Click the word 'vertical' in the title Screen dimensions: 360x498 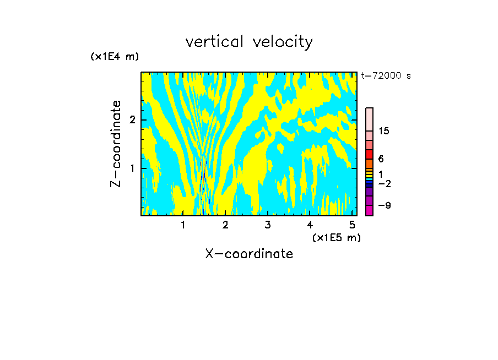(x=213, y=42)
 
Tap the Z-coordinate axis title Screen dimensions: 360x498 (x=116, y=144)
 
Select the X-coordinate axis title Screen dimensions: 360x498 (x=249, y=254)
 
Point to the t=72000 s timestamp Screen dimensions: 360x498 (x=386, y=76)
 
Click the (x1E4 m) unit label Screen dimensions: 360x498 (x=115, y=57)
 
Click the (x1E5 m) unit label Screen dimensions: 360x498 (x=336, y=237)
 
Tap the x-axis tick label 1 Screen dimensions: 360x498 (x=183, y=225)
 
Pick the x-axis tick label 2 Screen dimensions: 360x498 (x=225, y=225)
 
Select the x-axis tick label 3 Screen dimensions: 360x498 (x=268, y=225)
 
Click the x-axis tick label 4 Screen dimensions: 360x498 (x=310, y=225)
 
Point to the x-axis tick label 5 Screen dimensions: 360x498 (x=352, y=225)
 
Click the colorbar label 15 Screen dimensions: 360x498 (x=384, y=131)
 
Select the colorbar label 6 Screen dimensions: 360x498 (x=381, y=159)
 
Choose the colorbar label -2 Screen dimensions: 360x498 (x=384, y=184)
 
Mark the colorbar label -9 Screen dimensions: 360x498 (x=384, y=205)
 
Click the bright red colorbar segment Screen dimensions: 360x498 (x=369, y=154)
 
